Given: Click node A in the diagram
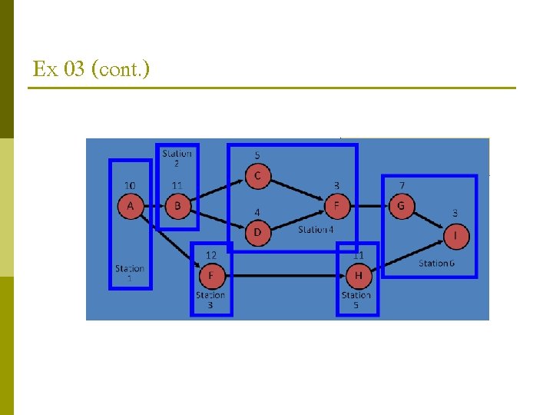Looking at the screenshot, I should pos(131,206).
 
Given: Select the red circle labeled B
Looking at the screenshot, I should pos(178,206).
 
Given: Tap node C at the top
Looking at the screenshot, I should pos(257,176).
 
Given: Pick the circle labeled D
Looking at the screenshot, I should pos(257,232).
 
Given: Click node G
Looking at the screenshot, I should pos(401,206).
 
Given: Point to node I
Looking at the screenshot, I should pos(456,237).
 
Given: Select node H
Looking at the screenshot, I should pos(358,276).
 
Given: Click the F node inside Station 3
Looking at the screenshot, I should pos(211,276).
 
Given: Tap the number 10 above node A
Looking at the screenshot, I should pos(131,185).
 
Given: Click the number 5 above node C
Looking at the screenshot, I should pos(257,155).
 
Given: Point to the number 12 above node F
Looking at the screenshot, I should pos(210,255).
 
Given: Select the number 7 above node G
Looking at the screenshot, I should pos(402,186).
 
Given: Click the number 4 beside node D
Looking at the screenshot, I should pos(257,212).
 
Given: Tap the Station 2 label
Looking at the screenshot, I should pos(177,158).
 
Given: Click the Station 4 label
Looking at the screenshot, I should pos(316,230).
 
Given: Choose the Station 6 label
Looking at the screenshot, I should pos(436,264).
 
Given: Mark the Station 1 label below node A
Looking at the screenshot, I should pos(130,273).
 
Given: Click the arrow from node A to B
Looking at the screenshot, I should pos(154,206).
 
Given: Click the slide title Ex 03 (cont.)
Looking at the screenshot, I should pos(91,69).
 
